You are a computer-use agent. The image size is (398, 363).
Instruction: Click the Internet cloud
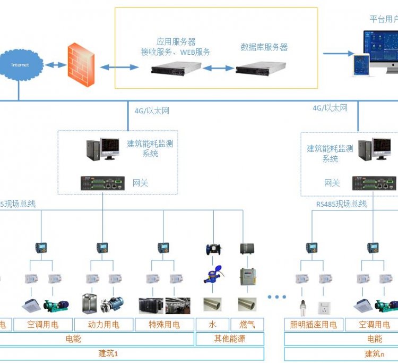click(x=20, y=65)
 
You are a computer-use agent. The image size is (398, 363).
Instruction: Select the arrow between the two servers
click(x=218, y=68)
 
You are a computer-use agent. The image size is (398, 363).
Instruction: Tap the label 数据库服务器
click(x=264, y=47)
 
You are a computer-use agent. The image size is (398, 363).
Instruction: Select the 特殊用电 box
click(x=164, y=324)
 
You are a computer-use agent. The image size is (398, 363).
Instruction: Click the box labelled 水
click(x=212, y=324)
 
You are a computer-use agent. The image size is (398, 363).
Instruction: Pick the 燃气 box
click(x=247, y=324)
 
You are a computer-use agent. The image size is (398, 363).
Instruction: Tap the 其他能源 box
click(x=230, y=339)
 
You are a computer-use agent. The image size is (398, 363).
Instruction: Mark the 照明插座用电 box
click(x=313, y=324)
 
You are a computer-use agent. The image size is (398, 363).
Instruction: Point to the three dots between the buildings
click(x=276, y=297)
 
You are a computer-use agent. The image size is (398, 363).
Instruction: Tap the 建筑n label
click(x=375, y=353)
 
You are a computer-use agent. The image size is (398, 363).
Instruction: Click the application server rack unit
click(x=176, y=68)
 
